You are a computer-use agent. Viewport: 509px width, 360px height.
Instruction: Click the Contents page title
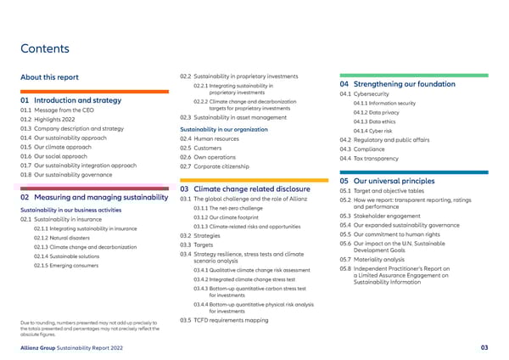(45, 48)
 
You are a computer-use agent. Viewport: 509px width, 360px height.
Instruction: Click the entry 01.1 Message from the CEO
(60, 111)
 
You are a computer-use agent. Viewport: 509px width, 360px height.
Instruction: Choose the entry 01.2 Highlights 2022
(53, 121)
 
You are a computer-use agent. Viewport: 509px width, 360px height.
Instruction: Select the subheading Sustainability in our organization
(227, 129)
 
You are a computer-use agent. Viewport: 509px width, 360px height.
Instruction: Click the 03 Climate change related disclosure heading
(250, 188)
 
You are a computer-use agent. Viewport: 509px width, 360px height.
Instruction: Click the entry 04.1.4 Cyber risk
(372, 131)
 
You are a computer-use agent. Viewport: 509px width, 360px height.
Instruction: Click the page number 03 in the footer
(484, 347)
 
